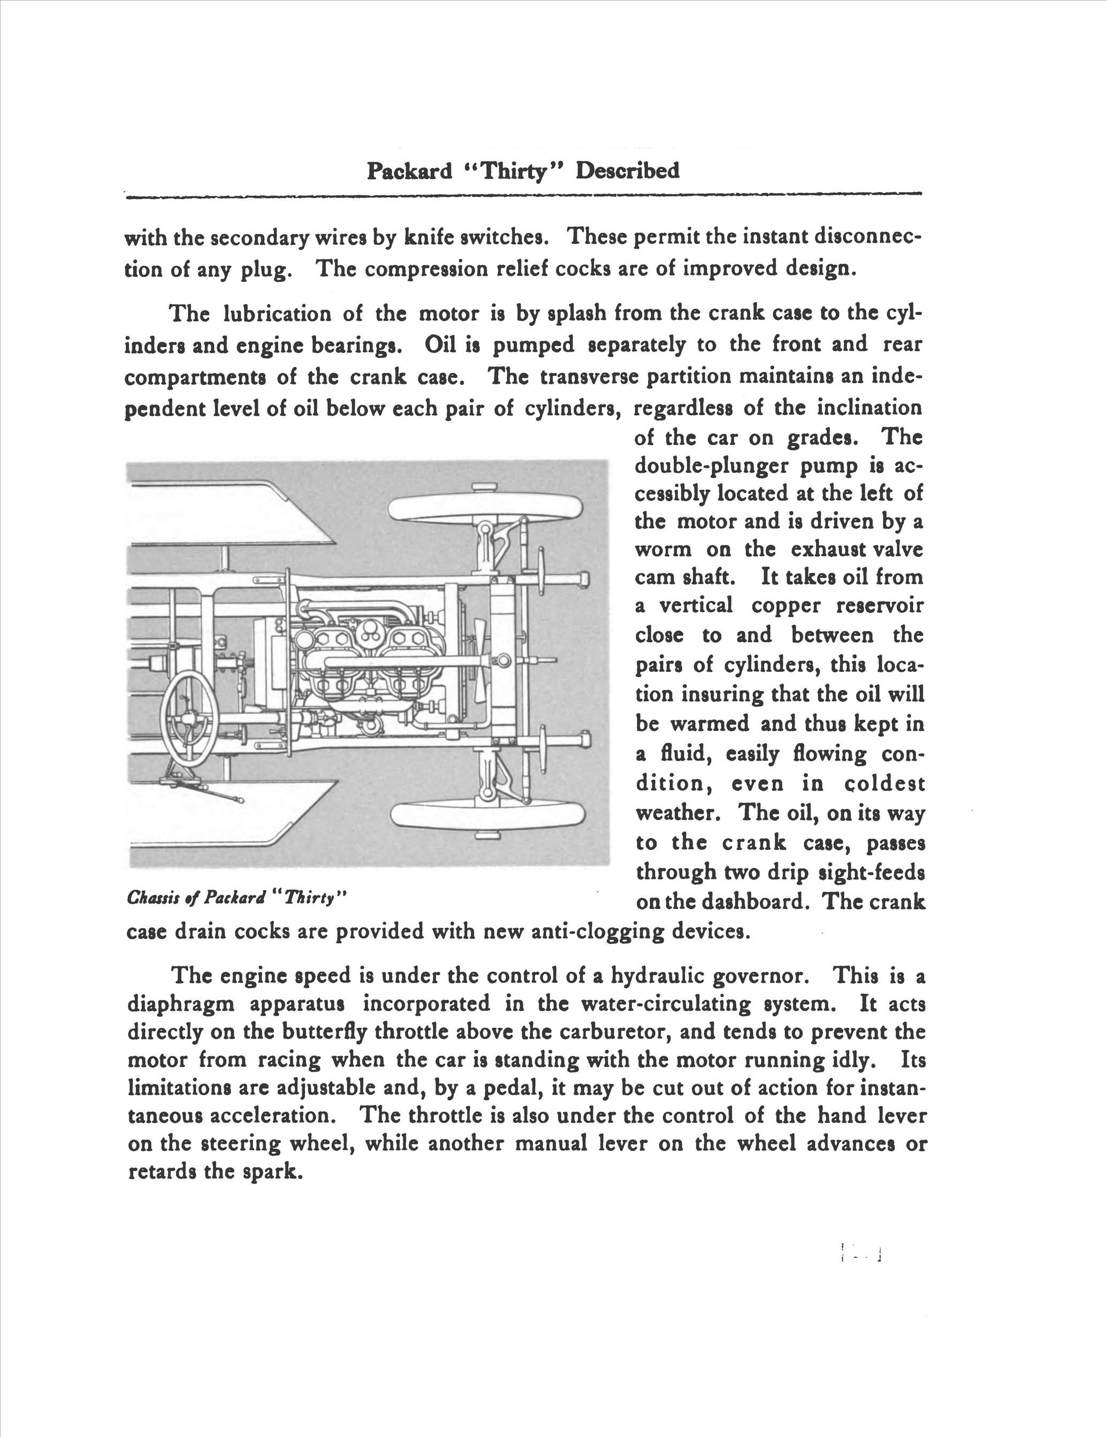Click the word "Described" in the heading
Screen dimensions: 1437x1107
pyautogui.click(x=627, y=171)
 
